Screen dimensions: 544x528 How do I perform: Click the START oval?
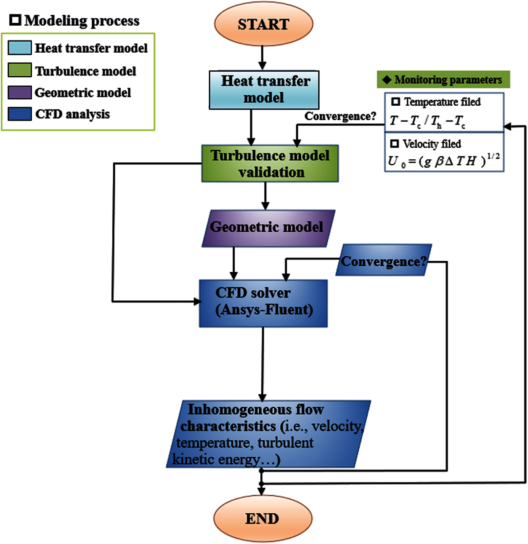tap(263, 24)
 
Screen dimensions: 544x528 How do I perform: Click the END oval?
tap(263, 518)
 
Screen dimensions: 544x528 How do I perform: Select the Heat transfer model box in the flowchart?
tap(264, 90)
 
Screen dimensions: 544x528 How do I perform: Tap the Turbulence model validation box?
tap(270, 163)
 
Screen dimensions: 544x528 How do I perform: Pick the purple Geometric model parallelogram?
tap(268, 228)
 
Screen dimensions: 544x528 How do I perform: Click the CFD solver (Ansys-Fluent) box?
tap(263, 303)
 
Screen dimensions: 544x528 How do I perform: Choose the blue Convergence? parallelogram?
tap(383, 261)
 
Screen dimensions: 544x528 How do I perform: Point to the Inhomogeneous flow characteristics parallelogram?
tap(268, 434)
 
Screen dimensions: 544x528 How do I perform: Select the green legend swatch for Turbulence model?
tap(19, 70)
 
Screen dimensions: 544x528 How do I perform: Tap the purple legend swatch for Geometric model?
tap(19, 92)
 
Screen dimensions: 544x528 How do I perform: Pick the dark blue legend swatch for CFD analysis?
tap(19, 114)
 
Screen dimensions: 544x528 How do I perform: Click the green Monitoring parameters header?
tap(443, 80)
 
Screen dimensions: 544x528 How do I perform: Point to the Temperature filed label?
tap(442, 102)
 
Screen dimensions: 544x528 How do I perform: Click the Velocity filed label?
tap(432, 144)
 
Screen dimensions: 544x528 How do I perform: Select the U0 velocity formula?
tap(443, 161)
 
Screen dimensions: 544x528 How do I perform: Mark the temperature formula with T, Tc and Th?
tap(427, 121)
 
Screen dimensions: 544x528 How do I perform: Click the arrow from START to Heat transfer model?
tap(262, 58)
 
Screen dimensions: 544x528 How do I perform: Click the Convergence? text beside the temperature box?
tap(340, 116)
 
